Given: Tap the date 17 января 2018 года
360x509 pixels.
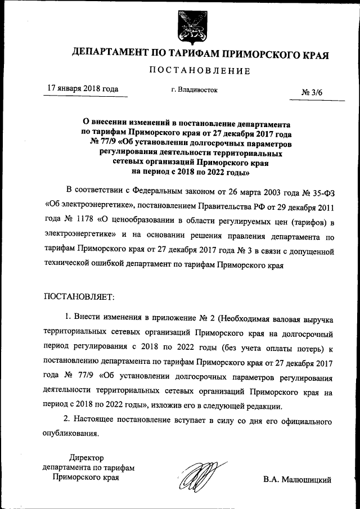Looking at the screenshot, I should (x=82, y=88).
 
